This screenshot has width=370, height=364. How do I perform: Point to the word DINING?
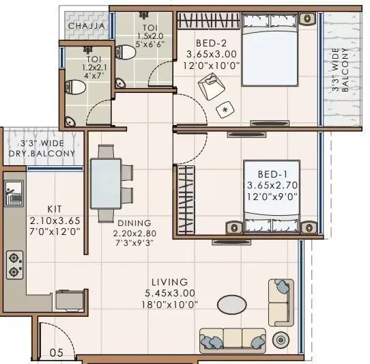click(x=134, y=223)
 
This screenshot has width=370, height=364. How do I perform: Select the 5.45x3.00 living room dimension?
click(x=171, y=294)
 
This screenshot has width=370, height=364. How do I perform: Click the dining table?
click(x=106, y=183)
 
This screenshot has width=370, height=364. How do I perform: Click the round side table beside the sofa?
click(x=280, y=339)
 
